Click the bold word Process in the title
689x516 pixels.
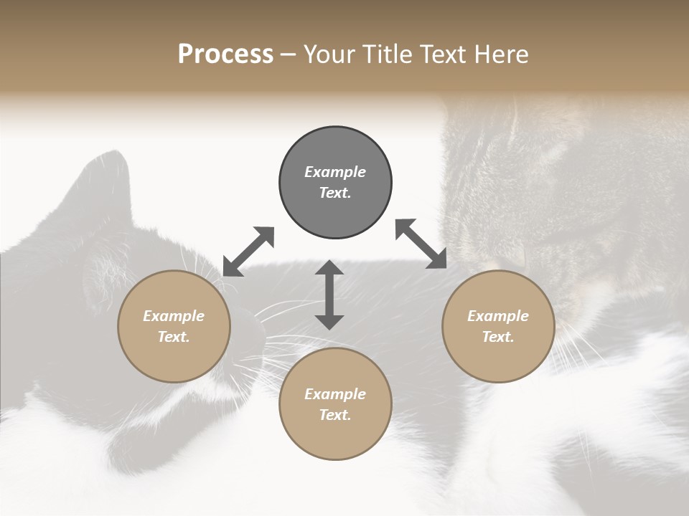tap(225, 54)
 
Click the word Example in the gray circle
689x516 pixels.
tap(335, 172)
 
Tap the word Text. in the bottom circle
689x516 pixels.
tap(335, 415)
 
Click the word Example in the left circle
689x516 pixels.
tap(174, 316)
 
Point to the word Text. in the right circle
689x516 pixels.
tap(498, 337)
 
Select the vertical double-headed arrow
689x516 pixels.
tap(329, 295)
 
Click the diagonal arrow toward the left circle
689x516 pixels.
tap(248, 252)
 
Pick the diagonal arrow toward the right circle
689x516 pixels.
tap(421, 244)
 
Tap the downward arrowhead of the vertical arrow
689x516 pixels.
tap(329, 320)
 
